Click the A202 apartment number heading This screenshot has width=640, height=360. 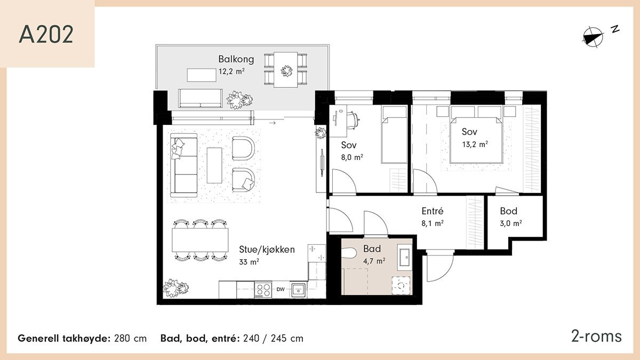tap(46, 35)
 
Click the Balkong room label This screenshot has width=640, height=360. tap(236, 59)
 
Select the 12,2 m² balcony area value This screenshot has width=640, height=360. tap(231, 71)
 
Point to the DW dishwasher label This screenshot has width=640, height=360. tap(281, 290)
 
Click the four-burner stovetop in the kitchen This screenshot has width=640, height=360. tap(263, 290)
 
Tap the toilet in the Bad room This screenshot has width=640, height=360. tap(349, 253)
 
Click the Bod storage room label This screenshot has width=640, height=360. tap(509, 211)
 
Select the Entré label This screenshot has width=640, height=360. tap(433, 211)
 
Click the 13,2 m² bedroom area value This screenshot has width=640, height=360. tap(475, 145)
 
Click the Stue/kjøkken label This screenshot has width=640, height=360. tap(267, 250)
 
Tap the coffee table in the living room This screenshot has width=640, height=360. tap(214, 165)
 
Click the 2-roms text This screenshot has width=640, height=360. tap(596, 337)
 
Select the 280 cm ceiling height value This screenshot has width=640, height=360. tap(130, 339)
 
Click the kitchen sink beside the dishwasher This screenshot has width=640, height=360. tap(298, 290)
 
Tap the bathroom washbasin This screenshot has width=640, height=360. tap(404, 258)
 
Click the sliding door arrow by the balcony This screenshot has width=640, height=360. tap(273, 123)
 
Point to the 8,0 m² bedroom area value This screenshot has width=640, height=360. tap(352, 157)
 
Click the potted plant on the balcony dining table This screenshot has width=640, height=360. tap(286, 71)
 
